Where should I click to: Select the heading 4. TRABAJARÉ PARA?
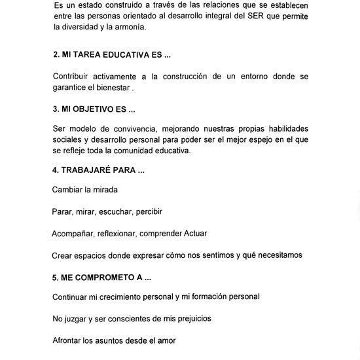(x=98, y=170)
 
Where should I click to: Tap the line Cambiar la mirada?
(x=85, y=190)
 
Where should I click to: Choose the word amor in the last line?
(x=166, y=340)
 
